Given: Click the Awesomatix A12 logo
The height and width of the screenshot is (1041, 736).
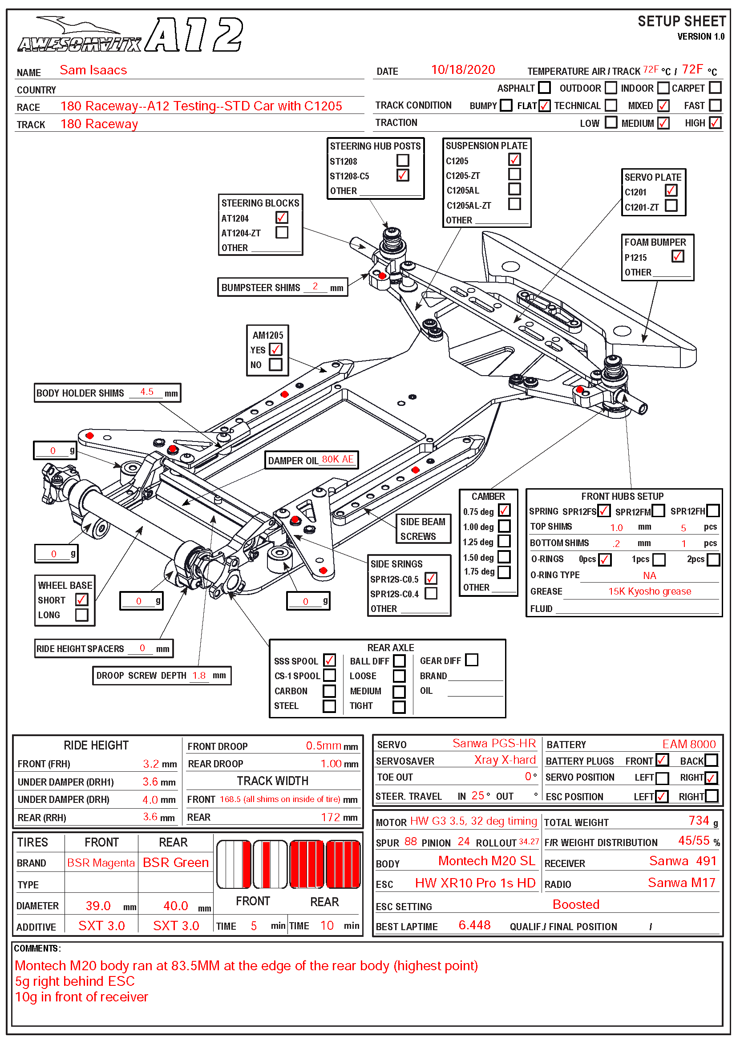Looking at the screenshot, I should click(130, 35).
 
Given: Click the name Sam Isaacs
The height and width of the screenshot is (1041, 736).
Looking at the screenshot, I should click(93, 70).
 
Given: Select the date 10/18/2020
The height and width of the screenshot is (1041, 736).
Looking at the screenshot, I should click(463, 70).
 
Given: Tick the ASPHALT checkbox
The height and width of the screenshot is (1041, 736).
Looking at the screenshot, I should click(544, 87).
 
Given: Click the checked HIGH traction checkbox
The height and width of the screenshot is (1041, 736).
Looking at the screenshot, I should click(715, 123).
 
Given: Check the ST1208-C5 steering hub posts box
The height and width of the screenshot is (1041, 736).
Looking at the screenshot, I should click(402, 175).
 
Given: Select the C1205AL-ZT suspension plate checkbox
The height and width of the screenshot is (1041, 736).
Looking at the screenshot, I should click(514, 204).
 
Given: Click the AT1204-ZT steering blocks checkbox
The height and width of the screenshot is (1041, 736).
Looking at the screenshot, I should click(282, 233).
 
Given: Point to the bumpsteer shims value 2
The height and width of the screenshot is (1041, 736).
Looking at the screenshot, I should click(315, 287).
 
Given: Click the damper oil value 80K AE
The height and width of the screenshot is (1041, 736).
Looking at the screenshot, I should click(338, 459).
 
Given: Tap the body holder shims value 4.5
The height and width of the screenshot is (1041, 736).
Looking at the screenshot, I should click(147, 392).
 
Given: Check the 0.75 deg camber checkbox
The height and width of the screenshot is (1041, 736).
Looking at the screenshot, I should click(504, 510).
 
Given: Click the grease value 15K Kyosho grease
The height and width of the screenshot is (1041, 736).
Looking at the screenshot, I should click(649, 591).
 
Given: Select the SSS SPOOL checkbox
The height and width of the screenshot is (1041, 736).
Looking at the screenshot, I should click(329, 660).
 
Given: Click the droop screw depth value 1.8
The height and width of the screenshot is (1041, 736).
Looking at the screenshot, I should click(199, 676).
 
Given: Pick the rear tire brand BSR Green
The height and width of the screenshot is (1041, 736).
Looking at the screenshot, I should click(175, 863).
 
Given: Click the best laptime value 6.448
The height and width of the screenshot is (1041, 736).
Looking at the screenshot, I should click(474, 925).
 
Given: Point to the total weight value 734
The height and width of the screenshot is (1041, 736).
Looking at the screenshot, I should click(698, 821).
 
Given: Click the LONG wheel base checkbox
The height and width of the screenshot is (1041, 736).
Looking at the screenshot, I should click(82, 615).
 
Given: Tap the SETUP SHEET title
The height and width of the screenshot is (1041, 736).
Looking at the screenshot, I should click(681, 21).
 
